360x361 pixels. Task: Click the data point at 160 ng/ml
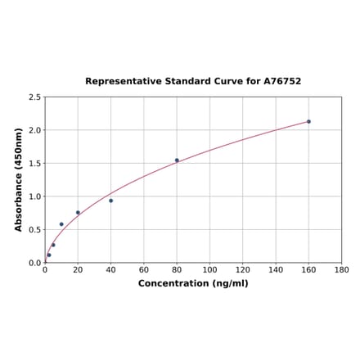(x=308, y=121)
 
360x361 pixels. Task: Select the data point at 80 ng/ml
(x=177, y=160)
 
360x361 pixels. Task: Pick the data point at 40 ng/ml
(x=110, y=201)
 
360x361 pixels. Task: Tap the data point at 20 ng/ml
(x=78, y=213)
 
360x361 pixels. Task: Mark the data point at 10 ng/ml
(x=61, y=224)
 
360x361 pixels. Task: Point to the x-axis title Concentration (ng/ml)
(x=193, y=283)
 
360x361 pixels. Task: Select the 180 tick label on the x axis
(x=342, y=269)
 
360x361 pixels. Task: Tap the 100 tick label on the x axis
(x=209, y=269)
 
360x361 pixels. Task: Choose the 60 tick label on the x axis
(x=143, y=269)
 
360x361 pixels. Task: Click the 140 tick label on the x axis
(x=276, y=269)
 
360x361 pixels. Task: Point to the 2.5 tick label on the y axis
(x=35, y=97)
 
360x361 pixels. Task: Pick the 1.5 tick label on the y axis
(x=35, y=164)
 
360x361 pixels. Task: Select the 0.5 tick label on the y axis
(x=35, y=230)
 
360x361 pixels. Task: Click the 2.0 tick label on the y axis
(x=35, y=130)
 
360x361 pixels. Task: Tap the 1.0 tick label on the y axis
(x=35, y=196)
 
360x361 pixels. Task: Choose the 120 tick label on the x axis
(x=243, y=269)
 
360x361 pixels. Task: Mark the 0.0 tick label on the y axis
(x=35, y=263)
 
